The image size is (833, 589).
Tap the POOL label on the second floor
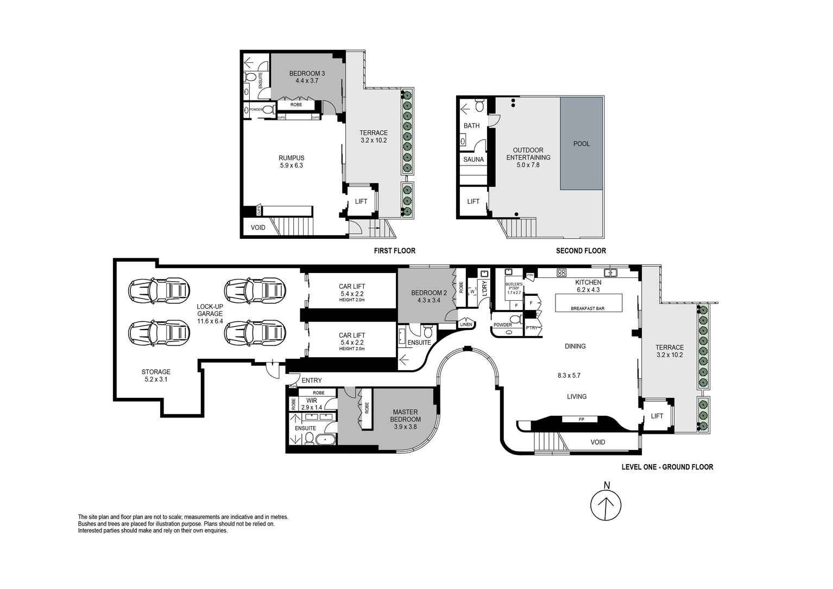point(581,144)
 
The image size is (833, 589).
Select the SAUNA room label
point(473,160)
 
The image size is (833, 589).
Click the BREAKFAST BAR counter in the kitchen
point(588,303)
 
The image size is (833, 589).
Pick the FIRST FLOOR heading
point(394,251)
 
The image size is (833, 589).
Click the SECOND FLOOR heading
point(580,251)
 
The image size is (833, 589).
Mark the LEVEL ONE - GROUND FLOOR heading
point(667,467)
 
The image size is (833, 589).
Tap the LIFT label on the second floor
point(473,201)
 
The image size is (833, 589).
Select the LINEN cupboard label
point(466,325)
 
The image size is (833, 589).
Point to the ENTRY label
point(312,381)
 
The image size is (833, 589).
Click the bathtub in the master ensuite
point(326,440)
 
